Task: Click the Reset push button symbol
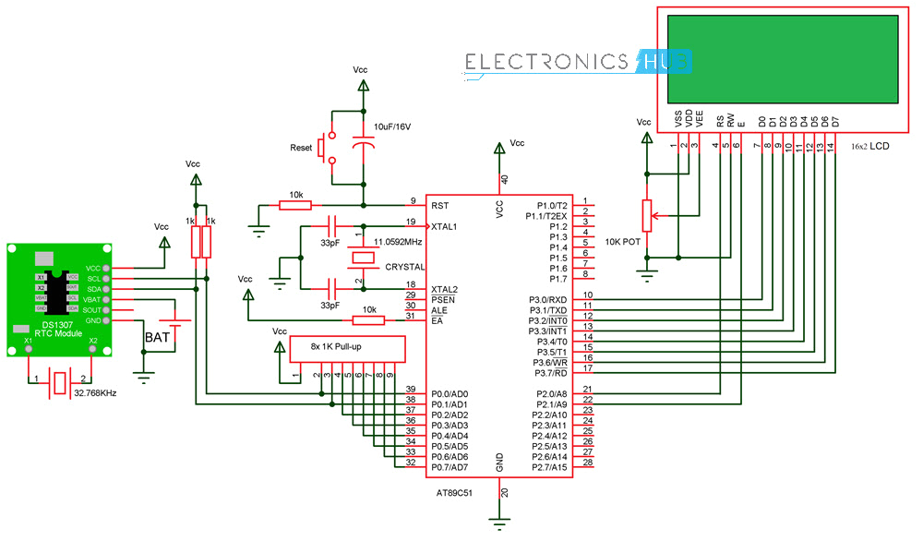326,149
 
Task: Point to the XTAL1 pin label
445,226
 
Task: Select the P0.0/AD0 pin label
450,394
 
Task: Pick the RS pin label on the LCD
720,121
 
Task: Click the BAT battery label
157,338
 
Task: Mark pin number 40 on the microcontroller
504,179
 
